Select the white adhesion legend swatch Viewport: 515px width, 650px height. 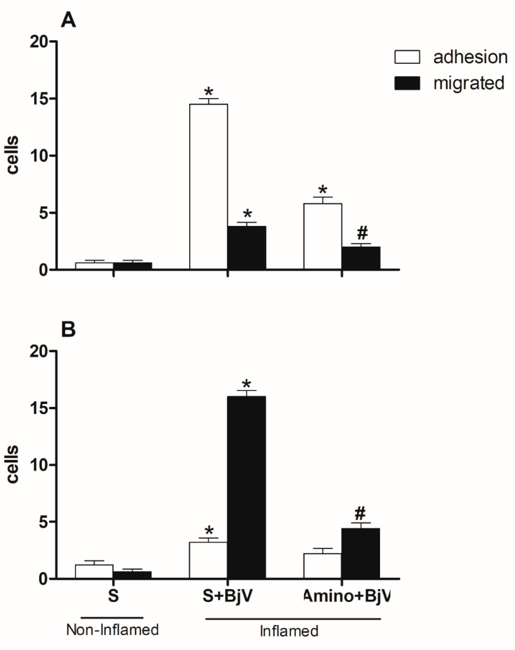tap(407, 57)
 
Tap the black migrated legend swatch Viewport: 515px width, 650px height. tap(407, 83)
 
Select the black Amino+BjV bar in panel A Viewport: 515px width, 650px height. tap(361, 258)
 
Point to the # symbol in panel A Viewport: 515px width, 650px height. tap(362, 233)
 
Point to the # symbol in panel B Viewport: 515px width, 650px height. tap(360, 513)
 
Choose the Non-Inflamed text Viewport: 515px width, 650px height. tap(113, 630)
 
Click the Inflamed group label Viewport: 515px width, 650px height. tap(289, 631)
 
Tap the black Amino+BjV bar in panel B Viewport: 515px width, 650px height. tap(361, 553)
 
